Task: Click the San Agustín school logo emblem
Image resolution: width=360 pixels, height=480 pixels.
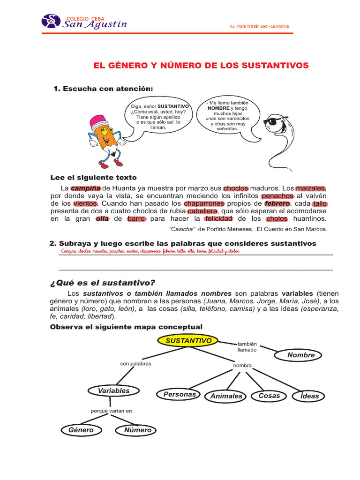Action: click(51, 21)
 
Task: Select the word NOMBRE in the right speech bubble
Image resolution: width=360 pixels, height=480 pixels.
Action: click(218, 108)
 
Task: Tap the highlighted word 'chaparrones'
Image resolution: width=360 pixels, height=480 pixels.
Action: click(204, 204)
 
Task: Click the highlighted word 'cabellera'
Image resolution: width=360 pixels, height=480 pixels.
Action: click(202, 211)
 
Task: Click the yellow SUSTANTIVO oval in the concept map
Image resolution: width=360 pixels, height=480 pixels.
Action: click(187, 341)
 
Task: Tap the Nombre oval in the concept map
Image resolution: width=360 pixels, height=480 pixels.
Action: click(301, 355)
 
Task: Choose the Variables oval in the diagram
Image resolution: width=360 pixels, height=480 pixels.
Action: click(113, 390)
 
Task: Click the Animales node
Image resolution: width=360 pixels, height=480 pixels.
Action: click(226, 396)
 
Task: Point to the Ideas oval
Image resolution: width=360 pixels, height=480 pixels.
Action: click(309, 396)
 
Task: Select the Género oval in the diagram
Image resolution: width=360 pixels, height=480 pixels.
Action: click(81, 430)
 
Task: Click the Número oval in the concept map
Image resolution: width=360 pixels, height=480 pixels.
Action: click(138, 430)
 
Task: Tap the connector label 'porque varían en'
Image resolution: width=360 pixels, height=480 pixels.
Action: click(112, 411)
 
